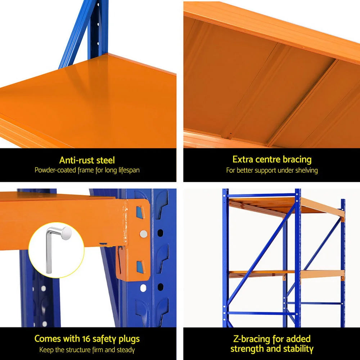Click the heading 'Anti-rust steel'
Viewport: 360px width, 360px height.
click(x=87, y=160)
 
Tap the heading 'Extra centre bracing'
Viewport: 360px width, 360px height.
click(x=272, y=159)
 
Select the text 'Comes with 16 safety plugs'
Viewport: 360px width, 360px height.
click(x=87, y=339)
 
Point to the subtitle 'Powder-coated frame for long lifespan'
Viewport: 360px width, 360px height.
click(x=87, y=170)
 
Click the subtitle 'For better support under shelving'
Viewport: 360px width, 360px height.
click(x=272, y=170)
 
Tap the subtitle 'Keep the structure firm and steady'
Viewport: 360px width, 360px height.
click(x=87, y=350)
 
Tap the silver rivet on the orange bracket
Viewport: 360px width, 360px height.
click(x=143, y=234)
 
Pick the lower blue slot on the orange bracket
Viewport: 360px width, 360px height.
click(x=140, y=266)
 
